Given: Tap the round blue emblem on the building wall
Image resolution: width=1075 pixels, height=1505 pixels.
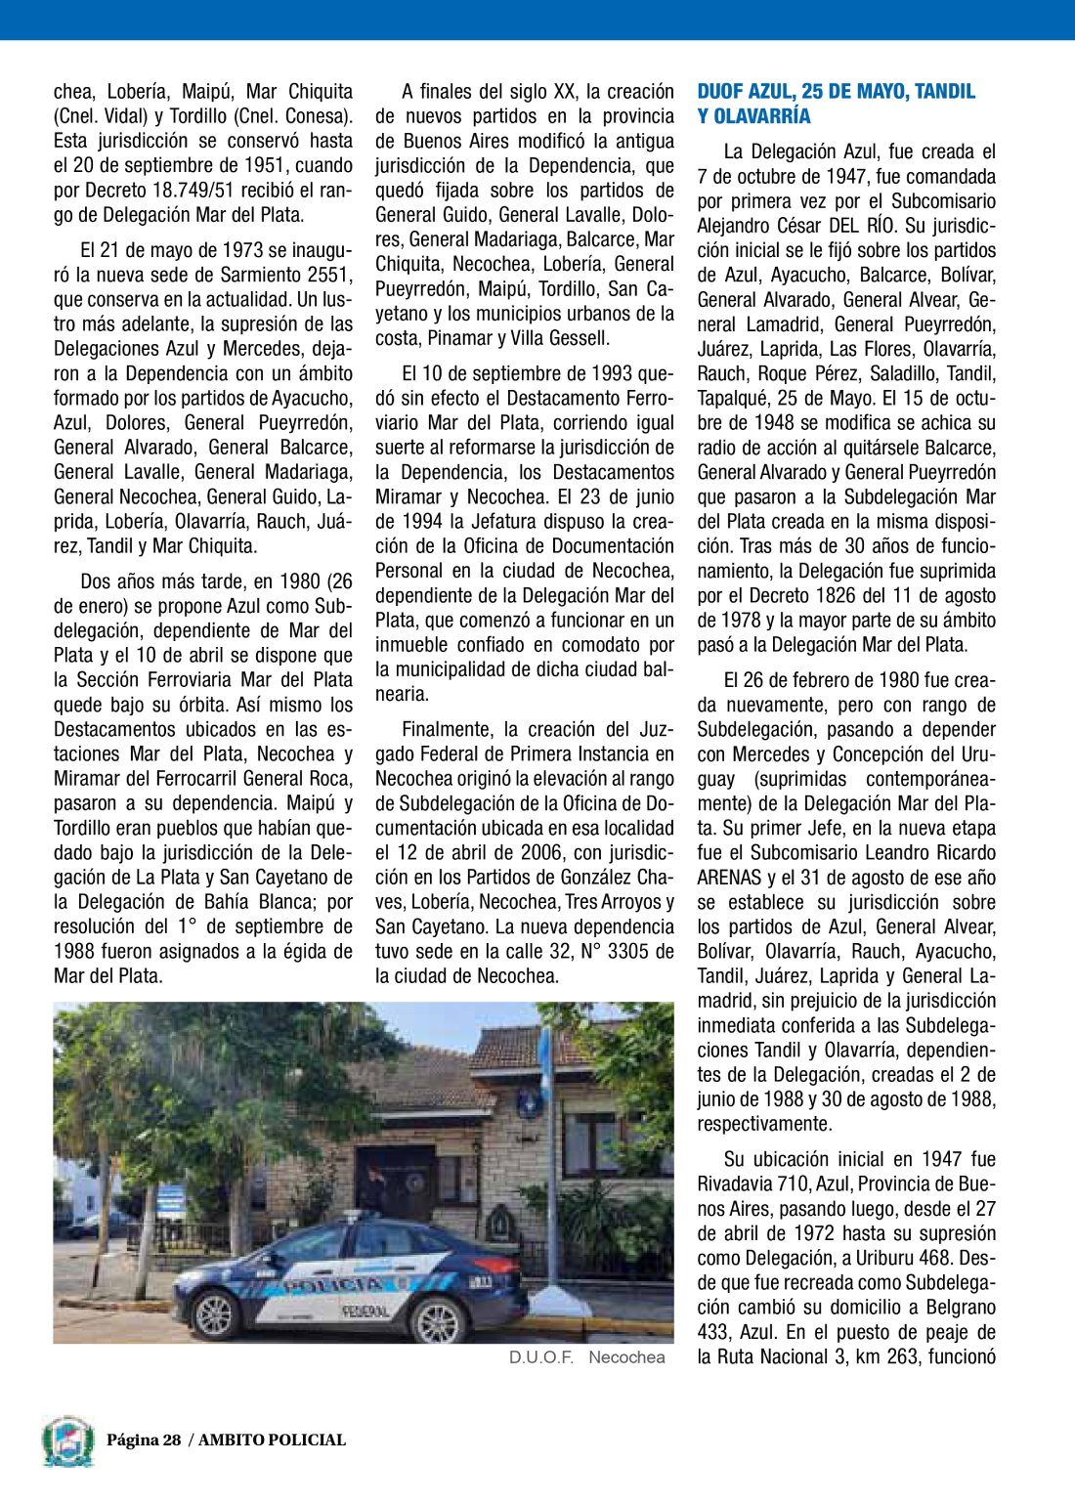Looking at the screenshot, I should [x=529, y=1102].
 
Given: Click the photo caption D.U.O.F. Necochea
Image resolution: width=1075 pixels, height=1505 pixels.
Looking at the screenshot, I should [x=586, y=1357].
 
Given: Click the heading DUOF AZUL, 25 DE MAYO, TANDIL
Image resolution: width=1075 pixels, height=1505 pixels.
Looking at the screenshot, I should [x=836, y=92].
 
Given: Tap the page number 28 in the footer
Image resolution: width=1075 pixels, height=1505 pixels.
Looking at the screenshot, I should [x=172, y=1440].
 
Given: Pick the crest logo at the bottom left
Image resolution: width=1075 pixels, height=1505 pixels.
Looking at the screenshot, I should [x=68, y=1441].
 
